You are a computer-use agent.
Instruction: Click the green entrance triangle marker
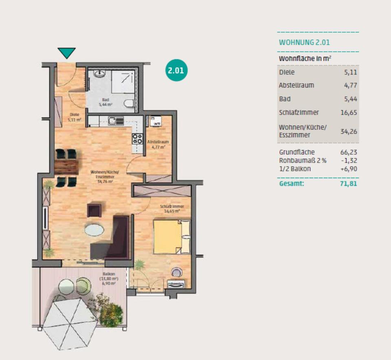coord(66,53)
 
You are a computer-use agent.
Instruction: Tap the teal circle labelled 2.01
coord(176,70)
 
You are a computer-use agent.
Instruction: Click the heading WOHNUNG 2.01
coord(304,42)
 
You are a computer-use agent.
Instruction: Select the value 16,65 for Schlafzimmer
coord(349,112)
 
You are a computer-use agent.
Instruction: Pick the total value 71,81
coord(349,184)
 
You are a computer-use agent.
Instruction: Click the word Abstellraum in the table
coord(296,86)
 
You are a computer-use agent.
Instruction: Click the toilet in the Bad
coord(130,103)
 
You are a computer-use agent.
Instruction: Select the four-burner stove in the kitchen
coord(137,138)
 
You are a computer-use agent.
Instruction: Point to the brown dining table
coord(66,166)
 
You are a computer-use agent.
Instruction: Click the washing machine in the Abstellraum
coord(156,121)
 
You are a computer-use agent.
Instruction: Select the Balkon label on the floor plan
coord(108,274)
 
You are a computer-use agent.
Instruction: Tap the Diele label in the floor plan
coord(74,114)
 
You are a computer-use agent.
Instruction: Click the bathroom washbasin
coord(99,74)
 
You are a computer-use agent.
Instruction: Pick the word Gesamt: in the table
coord(291,184)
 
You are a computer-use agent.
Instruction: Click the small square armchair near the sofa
coord(94,210)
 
